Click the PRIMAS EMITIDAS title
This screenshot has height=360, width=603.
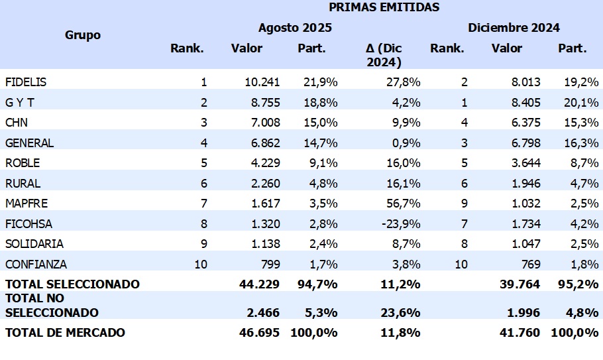coord(384,8)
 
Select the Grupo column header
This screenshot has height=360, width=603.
coord(83,34)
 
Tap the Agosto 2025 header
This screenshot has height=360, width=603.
coord(295,28)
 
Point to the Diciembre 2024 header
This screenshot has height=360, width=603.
coord(514,28)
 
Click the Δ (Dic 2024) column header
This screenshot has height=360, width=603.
coord(384,55)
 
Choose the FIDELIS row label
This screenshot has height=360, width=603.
coord(26,82)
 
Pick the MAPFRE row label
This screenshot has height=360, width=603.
coord(27,204)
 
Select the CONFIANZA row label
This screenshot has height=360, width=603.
coord(36,264)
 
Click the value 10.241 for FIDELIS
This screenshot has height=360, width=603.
coord(262,82)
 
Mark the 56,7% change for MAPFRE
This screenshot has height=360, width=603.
coord(403,204)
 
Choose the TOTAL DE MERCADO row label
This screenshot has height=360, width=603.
coord(65,332)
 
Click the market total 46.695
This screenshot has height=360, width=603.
coord(259,332)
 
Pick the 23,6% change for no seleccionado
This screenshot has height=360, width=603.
coord(402,312)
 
